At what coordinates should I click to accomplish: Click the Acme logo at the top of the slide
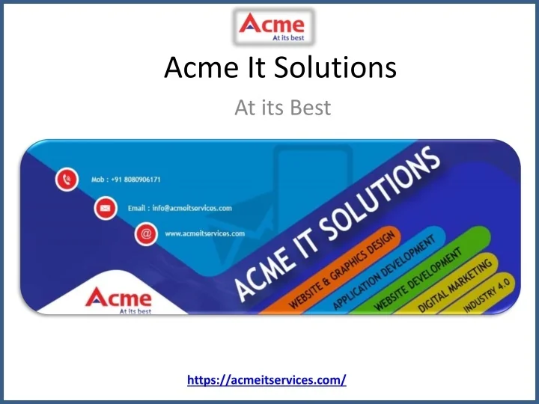276,28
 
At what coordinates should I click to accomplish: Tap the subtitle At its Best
282,108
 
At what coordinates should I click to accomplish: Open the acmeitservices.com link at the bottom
267,380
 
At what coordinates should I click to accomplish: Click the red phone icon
67,180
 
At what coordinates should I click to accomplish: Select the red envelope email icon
106,207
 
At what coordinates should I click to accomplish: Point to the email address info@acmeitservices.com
180,208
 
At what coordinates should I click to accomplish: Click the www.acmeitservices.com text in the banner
204,233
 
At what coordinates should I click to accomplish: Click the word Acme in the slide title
196,69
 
